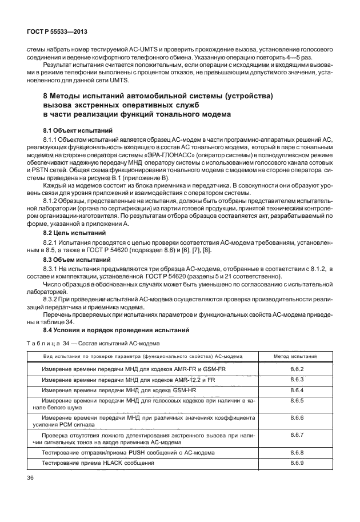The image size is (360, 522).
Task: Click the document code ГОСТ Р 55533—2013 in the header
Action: click(x=57, y=33)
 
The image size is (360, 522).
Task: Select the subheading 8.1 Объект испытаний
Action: click(x=72, y=130)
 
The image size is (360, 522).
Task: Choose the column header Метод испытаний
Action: click(x=296, y=356)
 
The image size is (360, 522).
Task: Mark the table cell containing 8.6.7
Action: click(x=296, y=435)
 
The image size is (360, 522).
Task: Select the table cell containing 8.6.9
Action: click(x=296, y=462)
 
